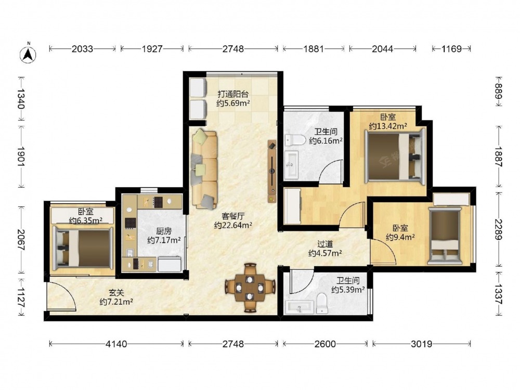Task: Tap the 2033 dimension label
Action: pos(82,49)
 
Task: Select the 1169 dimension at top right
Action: pos(451,49)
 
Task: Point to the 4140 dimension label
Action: pos(116,344)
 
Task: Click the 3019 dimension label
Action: pos(422,344)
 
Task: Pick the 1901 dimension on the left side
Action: pos(21,157)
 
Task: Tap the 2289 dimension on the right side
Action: pos(499,229)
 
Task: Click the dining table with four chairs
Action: pos(250,288)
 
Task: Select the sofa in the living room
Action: pos(204,169)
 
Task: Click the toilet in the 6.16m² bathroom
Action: pos(295,140)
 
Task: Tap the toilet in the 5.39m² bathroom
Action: pos(322,303)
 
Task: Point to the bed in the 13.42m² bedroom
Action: pos(395,156)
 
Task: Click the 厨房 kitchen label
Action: pos(163,231)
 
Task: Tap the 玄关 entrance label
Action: pos(116,293)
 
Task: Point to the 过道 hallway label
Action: pos(325,244)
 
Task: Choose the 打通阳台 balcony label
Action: pos(233,94)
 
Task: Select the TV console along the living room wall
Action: pos(272,171)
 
